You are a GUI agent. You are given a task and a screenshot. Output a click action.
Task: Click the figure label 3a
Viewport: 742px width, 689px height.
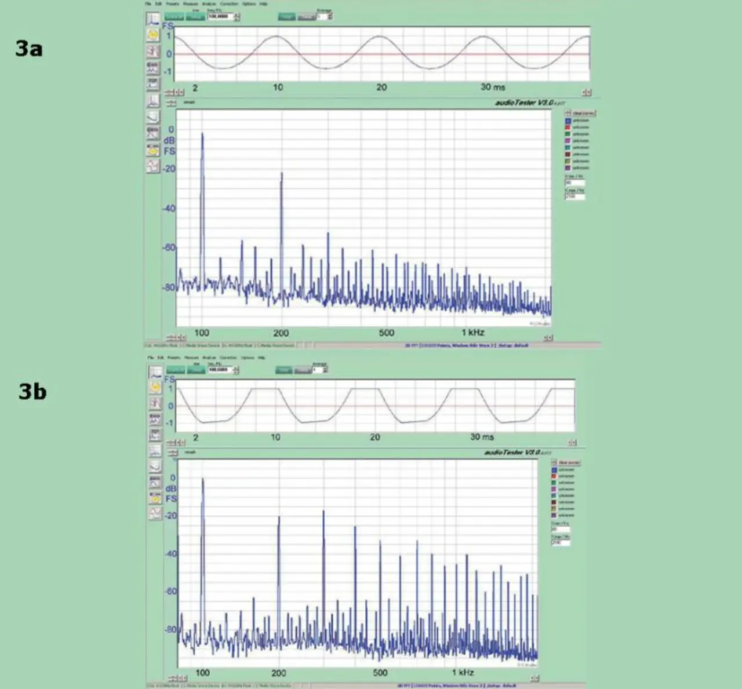[x=29, y=48]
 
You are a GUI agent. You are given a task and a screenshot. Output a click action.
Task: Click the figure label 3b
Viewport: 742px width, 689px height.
[x=32, y=392]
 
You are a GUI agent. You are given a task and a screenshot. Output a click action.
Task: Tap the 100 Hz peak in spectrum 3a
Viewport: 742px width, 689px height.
[x=202, y=134]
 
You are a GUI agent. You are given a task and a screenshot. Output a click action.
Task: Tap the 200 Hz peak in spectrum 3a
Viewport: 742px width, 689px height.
[x=282, y=174]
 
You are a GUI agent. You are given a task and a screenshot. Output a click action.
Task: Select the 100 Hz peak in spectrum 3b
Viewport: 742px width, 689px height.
[x=203, y=480]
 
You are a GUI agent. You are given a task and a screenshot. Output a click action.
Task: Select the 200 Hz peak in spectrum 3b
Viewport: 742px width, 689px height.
[x=279, y=517]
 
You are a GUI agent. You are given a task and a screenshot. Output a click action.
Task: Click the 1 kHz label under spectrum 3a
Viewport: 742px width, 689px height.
[x=472, y=333]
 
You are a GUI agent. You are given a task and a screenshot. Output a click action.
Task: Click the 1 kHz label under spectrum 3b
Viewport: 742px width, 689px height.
[x=463, y=672]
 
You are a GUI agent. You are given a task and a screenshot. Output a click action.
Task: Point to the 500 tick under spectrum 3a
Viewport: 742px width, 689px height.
[x=387, y=333]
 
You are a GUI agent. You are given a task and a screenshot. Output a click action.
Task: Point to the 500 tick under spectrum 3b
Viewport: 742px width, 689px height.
[x=380, y=672]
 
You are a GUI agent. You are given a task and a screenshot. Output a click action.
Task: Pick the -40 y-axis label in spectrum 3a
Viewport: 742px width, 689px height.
[x=169, y=209]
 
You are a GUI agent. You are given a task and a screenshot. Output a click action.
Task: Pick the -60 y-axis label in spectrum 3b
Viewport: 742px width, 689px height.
[x=171, y=592]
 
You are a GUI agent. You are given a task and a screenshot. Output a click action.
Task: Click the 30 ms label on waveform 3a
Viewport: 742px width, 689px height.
[x=492, y=87]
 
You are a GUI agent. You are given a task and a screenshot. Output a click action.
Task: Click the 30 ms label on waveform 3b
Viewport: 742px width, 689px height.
[x=482, y=437]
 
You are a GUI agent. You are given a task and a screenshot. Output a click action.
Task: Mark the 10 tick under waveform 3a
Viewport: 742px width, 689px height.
[x=278, y=87]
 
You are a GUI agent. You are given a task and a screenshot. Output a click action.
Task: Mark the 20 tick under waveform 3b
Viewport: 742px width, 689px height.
[x=375, y=437]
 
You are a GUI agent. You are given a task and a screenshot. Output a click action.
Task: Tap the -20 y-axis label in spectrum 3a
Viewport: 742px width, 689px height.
[x=169, y=169]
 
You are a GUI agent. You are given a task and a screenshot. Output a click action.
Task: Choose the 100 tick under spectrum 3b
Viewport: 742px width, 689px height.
[x=202, y=672]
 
